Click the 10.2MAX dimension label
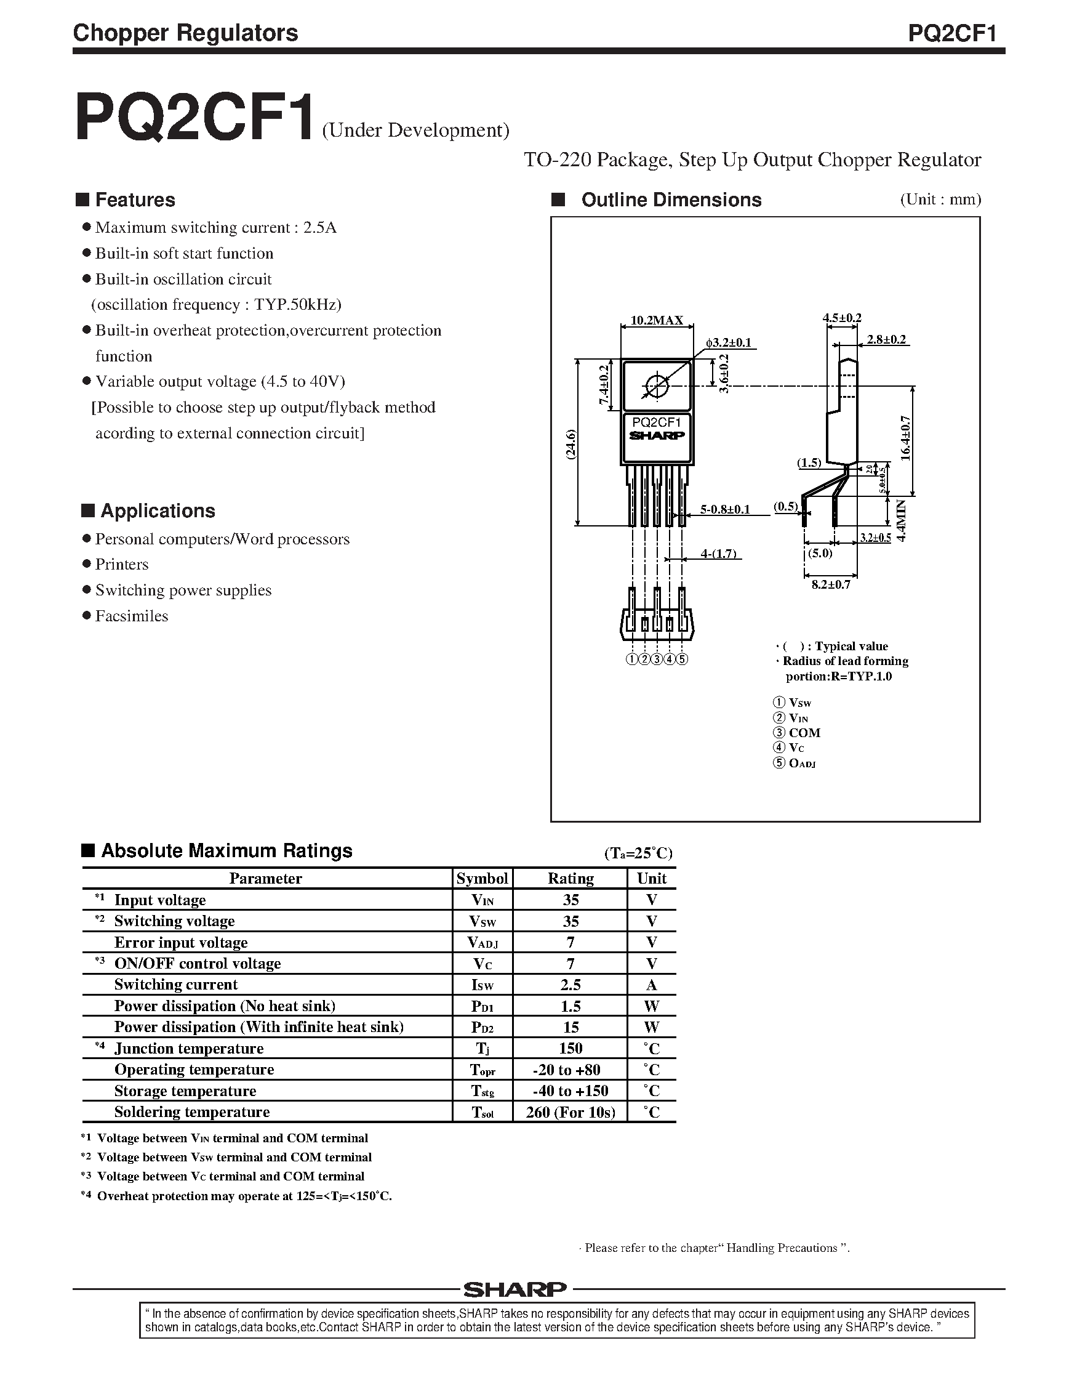pyautogui.click(x=657, y=320)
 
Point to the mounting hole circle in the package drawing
pyautogui.click(x=657, y=384)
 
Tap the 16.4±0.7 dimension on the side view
pyautogui.click(x=906, y=438)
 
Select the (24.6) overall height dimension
pyautogui.click(x=571, y=445)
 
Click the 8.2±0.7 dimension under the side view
pyautogui.click(x=830, y=585)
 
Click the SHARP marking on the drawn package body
pyautogui.click(x=657, y=435)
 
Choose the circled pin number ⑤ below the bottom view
pyautogui.click(x=682, y=659)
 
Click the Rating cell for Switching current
pyautogui.click(x=571, y=985)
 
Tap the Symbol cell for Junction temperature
pyautogui.click(x=482, y=1049)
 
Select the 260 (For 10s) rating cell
pyautogui.click(x=571, y=1113)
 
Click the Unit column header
pyautogui.click(x=651, y=879)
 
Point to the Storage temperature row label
pyautogui.click(x=185, y=1091)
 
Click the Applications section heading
pyautogui.click(x=158, y=511)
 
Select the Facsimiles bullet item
pyautogui.click(x=131, y=616)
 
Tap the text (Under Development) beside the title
pyautogui.click(x=415, y=130)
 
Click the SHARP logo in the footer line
pyautogui.click(x=515, y=1289)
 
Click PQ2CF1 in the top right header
pyautogui.click(x=952, y=33)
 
